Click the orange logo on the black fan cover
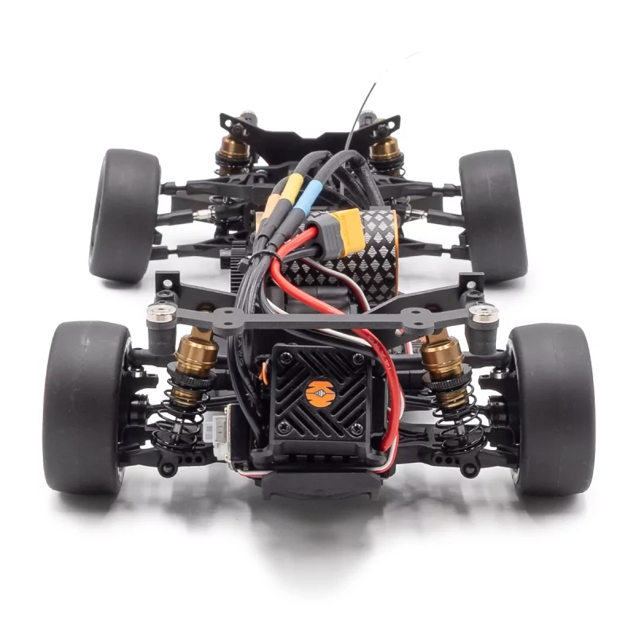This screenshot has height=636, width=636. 320,393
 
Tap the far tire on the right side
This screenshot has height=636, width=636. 493,215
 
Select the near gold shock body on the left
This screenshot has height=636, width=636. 196,354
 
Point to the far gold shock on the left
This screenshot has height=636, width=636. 235,149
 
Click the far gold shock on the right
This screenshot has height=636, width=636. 385,149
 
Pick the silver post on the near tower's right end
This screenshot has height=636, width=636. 483,314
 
